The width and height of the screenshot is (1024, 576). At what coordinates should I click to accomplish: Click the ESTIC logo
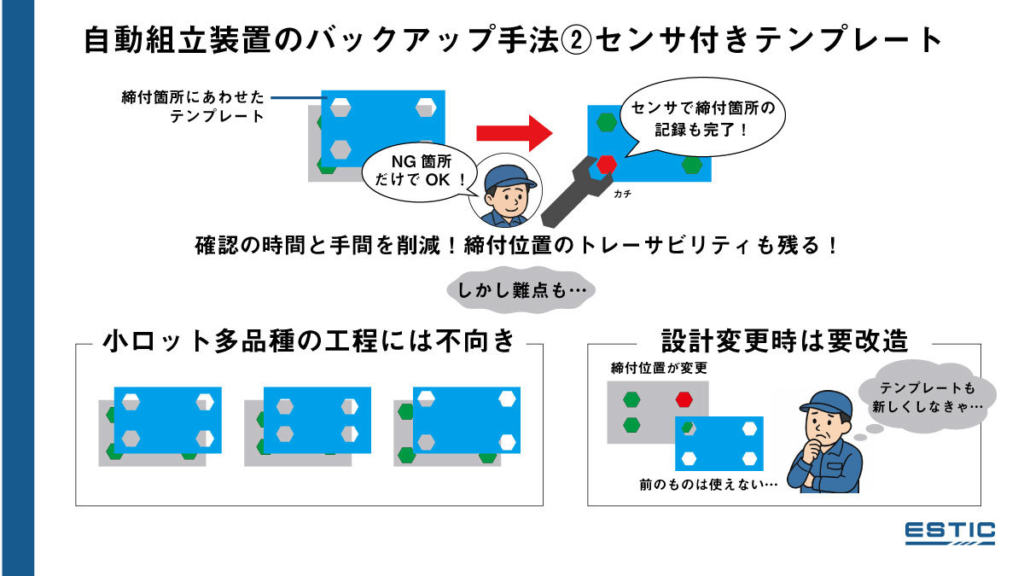[x=950, y=532]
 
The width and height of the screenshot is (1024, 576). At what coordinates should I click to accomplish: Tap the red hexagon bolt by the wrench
[x=606, y=163]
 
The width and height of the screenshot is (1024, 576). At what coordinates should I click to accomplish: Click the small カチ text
[x=622, y=195]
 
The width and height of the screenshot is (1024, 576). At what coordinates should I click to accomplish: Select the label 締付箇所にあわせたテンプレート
[x=193, y=107]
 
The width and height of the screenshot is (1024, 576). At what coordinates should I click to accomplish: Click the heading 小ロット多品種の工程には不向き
[x=309, y=342]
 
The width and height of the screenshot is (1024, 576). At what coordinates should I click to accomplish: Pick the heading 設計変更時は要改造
[x=784, y=342]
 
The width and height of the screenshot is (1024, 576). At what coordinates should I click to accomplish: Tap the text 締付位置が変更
[x=659, y=369]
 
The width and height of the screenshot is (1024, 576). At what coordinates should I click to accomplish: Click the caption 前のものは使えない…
[x=708, y=484]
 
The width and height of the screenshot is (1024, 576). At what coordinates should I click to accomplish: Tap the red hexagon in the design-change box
[x=684, y=399]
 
